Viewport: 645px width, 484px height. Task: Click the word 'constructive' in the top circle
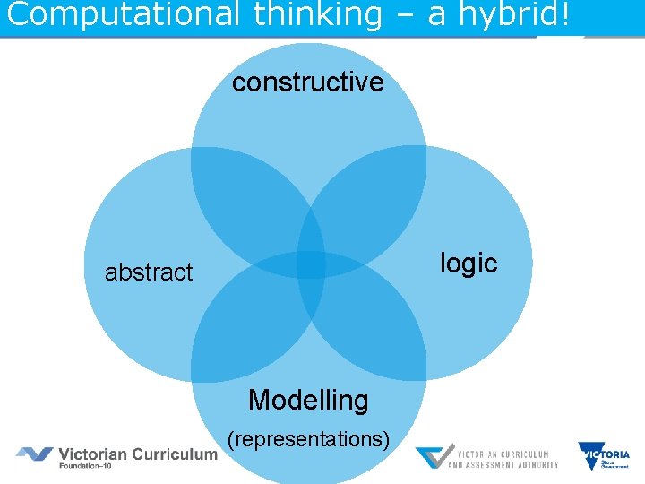coord(307,82)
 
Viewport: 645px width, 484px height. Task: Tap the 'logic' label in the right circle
coord(468,263)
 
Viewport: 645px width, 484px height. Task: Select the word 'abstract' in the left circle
coord(149,272)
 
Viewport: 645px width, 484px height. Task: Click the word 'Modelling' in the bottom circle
coord(308,399)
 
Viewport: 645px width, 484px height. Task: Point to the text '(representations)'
coord(308,439)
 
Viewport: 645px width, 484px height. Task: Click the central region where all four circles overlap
coord(310,264)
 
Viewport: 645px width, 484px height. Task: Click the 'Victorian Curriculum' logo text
coord(138,454)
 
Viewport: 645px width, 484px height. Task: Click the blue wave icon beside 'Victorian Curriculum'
coord(34,454)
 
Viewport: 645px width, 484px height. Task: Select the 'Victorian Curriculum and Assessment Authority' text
coord(503,457)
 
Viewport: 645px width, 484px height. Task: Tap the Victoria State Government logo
coord(605,456)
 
